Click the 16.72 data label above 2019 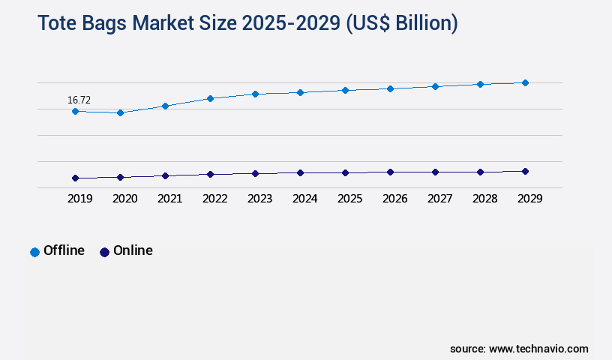79,100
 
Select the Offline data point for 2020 120,112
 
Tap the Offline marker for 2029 525,82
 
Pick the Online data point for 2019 75,178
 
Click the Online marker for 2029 525,171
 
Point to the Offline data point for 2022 210,98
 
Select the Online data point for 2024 300,172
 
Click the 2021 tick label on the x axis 169,199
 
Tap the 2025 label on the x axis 349,199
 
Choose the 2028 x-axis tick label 484,199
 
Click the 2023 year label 259,199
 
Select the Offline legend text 64,250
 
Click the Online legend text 133,250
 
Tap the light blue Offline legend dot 34,252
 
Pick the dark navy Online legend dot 104,252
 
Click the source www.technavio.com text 519,349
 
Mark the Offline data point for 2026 390,88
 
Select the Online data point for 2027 435,172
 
